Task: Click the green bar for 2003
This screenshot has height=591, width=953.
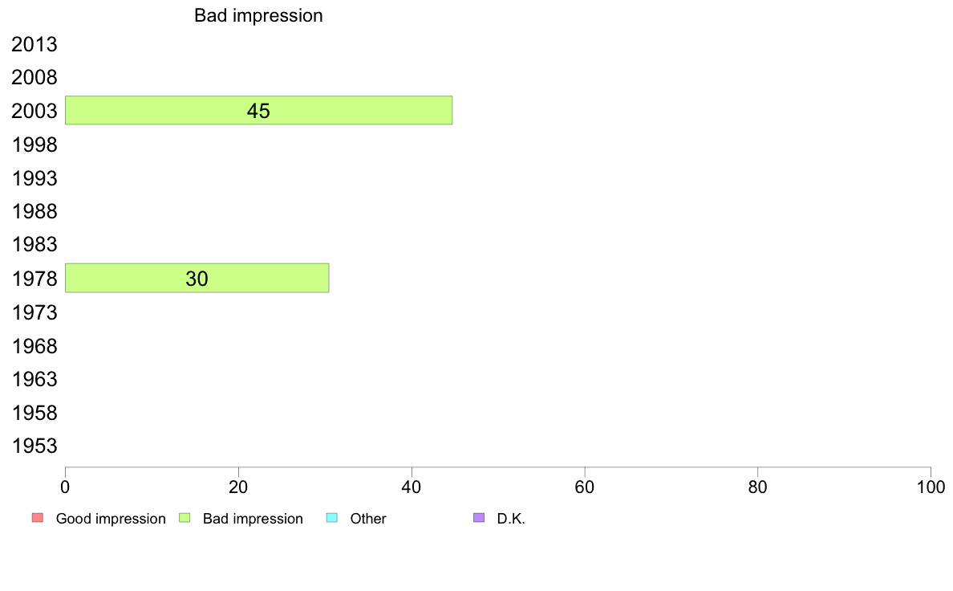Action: [x=258, y=110]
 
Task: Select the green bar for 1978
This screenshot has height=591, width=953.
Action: [x=197, y=278]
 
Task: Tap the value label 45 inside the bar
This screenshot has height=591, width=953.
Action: [x=258, y=111]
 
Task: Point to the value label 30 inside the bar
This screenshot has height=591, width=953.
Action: [x=197, y=279]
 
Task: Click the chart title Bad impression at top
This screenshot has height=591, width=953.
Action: [x=258, y=15]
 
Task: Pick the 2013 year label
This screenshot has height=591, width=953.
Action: [x=34, y=44]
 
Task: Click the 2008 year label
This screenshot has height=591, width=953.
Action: [x=34, y=77]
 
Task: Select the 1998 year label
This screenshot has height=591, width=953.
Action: [x=34, y=145]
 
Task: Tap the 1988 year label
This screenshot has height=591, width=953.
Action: [x=34, y=211]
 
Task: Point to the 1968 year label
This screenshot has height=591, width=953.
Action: [x=34, y=346]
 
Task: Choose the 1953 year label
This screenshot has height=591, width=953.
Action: [x=34, y=446]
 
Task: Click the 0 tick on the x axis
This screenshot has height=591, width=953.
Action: [x=65, y=487]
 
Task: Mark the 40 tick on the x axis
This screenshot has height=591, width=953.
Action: [x=412, y=487]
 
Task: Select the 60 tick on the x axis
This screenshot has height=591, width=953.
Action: [x=585, y=487]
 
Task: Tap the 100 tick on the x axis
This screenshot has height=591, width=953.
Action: [x=931, y=487]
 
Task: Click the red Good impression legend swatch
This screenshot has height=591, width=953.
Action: [x=38, y=518]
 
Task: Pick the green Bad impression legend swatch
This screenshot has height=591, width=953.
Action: [x=185, y=518]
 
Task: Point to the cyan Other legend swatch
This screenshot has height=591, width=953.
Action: [x=332, y=518]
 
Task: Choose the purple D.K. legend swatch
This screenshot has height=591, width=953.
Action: [x=479, y=518]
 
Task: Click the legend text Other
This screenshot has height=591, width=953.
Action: [x=367, y=519]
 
